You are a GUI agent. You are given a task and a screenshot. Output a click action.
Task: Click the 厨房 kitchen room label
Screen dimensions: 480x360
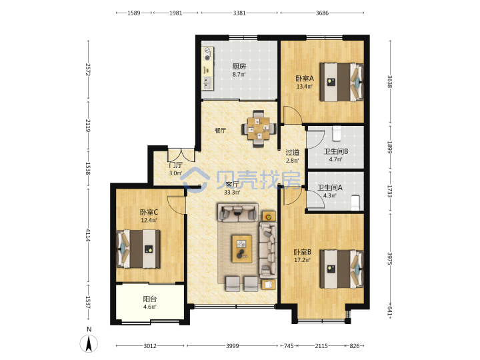click(x=239, y=66)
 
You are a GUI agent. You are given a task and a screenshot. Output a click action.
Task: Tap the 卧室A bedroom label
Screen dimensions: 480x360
click(x=305, y=79)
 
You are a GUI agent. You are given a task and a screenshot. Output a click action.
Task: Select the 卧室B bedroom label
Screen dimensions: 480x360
click(x=303, y=252)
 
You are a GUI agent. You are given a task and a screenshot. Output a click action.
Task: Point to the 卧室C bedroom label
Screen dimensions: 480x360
click(x=149, y=212)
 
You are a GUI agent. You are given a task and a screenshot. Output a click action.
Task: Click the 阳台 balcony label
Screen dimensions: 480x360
click(x=150, y=299)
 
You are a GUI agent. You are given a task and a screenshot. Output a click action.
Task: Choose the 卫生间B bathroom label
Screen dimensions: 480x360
click(x=336, y=151)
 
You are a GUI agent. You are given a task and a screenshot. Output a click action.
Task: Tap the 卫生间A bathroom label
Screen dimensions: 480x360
click(x=330, y=187)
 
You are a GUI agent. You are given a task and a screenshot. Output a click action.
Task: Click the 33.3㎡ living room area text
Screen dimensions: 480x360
click(x=232, y=193)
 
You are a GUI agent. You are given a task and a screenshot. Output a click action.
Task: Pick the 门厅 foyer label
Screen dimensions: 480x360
click(x=175, y=165)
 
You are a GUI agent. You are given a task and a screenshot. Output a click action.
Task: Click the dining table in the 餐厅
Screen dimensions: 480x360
click(x=259, y=129)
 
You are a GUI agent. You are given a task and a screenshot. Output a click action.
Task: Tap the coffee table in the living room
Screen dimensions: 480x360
click(x=242, y=249)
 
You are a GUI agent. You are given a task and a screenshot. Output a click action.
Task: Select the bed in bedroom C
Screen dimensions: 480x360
click(x=139, y=249)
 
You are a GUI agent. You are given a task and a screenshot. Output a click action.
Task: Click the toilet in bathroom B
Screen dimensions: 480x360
click(x=337, y=133)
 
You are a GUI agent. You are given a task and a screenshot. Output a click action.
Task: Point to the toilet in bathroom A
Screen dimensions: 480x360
click(x=355, y=203)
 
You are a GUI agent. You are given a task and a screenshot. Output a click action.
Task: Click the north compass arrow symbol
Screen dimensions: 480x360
click(x=89, y=343)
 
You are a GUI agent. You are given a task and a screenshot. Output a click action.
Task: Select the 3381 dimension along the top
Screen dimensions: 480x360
click(x=239, y=13)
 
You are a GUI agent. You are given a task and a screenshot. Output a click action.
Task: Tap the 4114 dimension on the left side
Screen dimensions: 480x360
click(x=88, y=235)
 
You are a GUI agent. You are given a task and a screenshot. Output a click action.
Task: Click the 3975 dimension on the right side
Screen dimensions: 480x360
click(x=390, y=259)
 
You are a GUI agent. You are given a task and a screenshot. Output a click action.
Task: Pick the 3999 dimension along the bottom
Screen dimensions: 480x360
click(x=233, y=346)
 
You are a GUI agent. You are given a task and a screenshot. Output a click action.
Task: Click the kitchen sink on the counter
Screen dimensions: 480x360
click(x=208, y=83)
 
